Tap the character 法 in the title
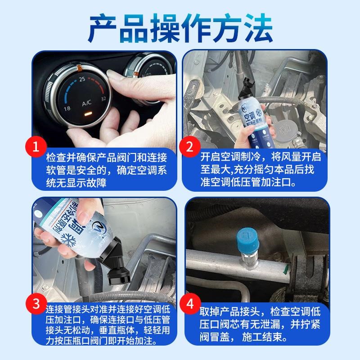[x=257, y=27]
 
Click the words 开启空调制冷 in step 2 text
[x=227, y=158]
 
